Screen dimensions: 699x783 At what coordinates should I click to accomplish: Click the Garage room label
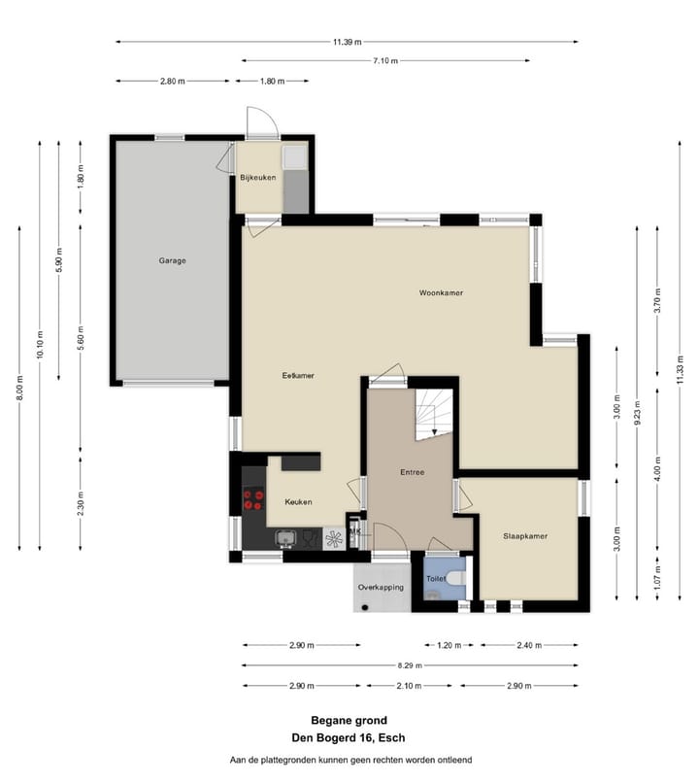click(x=172, y=260)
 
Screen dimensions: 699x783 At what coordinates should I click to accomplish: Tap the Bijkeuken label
click(x=258, y=177)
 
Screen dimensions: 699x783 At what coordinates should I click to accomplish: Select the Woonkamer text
click(x=441, y=292)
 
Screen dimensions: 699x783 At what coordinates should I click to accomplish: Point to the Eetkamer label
click(x=298, y=376)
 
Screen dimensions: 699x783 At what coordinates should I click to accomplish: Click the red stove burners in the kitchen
click(x=253, y=500)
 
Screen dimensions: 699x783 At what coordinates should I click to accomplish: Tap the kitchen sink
click(x=285, y=538)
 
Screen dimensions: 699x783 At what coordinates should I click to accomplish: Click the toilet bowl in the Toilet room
click(x=456, y=578)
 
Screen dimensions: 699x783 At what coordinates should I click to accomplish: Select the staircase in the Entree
click(x=434, y=415)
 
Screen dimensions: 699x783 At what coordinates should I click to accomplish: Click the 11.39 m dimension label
click(x=348, y=42)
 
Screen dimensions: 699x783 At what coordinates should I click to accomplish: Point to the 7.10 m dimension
click(x=385, y=61)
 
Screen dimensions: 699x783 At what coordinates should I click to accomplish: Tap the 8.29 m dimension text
click(x=410, y=665)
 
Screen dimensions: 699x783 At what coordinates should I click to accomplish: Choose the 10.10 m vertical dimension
click(x=40, y=345)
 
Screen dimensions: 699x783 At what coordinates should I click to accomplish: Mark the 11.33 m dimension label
click(x=680, y=370)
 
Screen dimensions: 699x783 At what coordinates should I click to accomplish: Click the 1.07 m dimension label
click(x=657, y=577)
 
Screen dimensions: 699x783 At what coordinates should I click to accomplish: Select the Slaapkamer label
click(x=525, y=536)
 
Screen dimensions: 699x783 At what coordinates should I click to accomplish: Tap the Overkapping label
click(x=381, y=587)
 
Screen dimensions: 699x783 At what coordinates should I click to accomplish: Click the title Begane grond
click(x=349, y=720)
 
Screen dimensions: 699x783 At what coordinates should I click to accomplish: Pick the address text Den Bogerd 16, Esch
click(x=349, y=737)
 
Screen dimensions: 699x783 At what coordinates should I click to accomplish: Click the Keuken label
click(x=298, y=502)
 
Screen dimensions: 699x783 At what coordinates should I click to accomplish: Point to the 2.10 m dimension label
click(x=409, y=686)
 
